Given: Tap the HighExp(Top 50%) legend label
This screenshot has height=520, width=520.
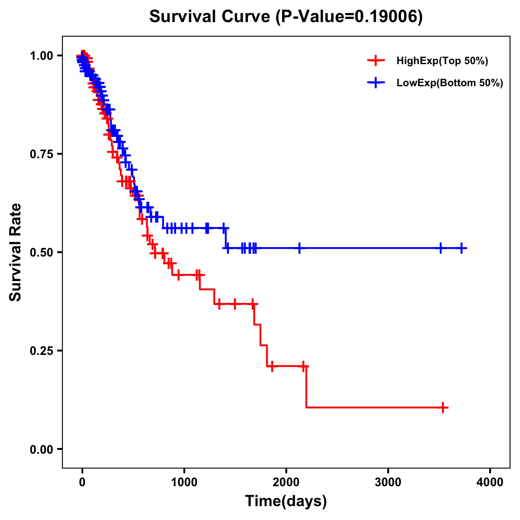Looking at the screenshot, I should coord(442,61).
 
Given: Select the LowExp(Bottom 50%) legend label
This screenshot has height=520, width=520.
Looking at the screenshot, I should coord(450,83).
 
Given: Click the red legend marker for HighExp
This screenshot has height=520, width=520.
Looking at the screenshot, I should coord(376,61).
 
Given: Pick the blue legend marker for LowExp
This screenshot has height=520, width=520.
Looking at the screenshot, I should coord(376,82).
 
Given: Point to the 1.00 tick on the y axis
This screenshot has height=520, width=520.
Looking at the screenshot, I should coord(42,55).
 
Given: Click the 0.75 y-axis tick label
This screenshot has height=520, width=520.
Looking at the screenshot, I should coord(42,154).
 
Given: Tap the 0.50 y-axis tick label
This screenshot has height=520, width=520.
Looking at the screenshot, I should coord(42,252).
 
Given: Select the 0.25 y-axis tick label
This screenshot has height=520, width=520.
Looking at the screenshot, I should coord(42,351).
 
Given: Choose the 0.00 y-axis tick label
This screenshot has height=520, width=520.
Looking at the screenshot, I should coord(42,449).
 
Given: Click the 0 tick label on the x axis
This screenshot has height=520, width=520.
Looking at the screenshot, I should coord(82,482).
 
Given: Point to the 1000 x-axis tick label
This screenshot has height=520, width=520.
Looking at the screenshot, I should coord(184,482).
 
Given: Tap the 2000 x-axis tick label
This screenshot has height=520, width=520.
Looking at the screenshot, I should coord(286,482).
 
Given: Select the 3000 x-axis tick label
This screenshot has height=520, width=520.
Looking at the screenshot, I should coord(388,482).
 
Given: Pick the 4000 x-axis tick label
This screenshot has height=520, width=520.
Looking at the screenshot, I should coord(490,482).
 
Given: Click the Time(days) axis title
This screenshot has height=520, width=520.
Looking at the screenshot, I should coord(286,501).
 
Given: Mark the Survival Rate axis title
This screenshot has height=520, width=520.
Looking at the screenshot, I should coord(16,252).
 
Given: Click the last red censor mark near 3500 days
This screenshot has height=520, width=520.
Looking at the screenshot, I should coord(443,407).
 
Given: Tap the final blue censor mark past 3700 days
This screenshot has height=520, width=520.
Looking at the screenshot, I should coord(462,248).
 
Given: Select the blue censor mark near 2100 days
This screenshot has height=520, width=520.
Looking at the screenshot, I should coord(299,248).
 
